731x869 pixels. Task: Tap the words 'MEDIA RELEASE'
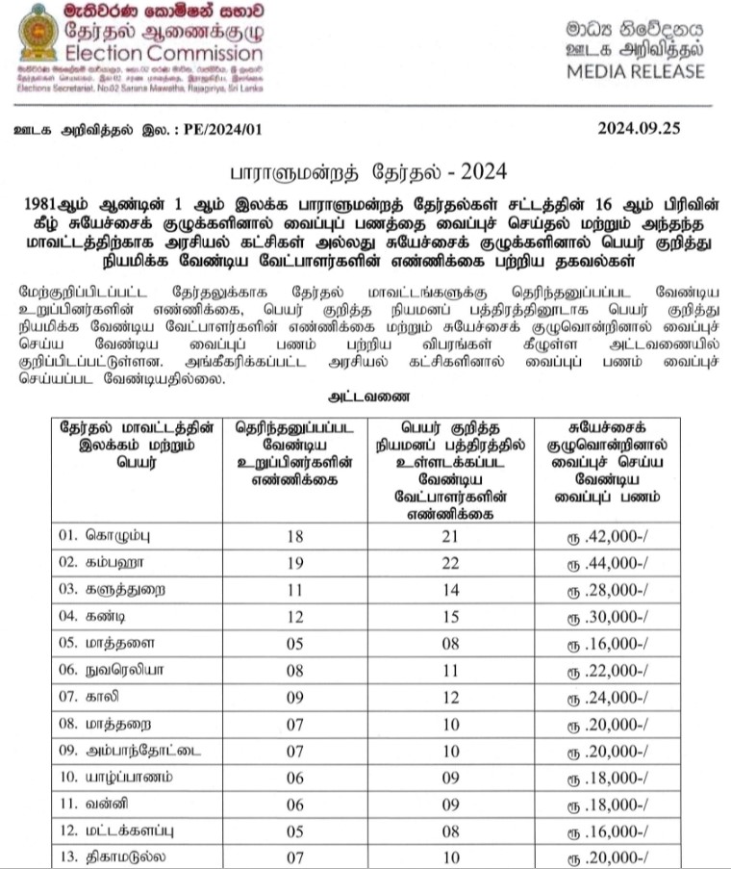[635, 71]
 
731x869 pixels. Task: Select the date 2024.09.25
[651, 127]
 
